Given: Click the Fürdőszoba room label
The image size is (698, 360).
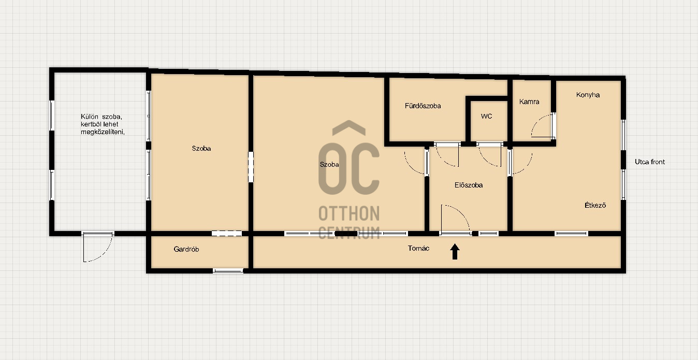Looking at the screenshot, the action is (x=423, y=106).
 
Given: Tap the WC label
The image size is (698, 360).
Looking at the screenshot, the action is (x=486, y=116).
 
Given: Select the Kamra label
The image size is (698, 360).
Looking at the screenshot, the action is (x=529, y=102).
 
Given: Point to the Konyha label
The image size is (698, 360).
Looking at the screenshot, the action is (x=588, y=95).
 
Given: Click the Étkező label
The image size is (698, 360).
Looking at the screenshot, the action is (x=595, y=205).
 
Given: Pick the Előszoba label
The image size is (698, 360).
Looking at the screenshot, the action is (x=468, y=185).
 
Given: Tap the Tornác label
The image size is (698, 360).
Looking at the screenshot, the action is (x=418, y=249).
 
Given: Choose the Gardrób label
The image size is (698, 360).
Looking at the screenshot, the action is (x=186, y=249).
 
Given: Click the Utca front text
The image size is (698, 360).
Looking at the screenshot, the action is (x=650, y=162).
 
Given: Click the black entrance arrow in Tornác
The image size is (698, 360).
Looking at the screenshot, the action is (x=455, y=252).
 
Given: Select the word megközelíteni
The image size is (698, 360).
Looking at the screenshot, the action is (x=103, y=132).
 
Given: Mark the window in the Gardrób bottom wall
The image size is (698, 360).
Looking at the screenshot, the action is (x=228, y=270).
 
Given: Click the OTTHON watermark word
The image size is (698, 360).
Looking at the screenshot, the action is (x=349, y=213).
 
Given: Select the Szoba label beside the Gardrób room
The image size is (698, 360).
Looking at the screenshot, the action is (x=201, y=148).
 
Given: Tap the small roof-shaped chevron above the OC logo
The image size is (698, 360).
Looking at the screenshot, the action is (x=348, y=127).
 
